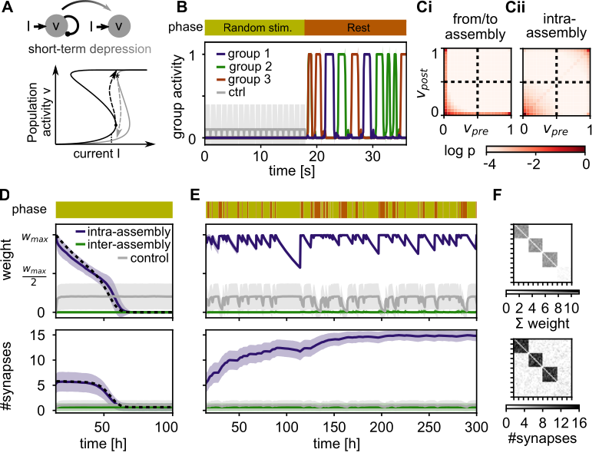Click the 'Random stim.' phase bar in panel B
[255, 28]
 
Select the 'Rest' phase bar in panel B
[356, 28]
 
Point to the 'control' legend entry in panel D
[144, 258]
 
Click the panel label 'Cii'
[515, 7]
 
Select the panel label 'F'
[497, 195]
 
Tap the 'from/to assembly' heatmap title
[475, 27]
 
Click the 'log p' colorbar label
[459, 151]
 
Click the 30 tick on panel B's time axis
[372, 156]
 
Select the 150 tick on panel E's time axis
[334, 427]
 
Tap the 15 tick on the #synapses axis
[39, 335]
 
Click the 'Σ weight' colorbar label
[541, 323]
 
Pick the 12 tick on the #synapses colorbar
[561, 424]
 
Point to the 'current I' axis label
[96, 154]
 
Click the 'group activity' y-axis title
[178, 96]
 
